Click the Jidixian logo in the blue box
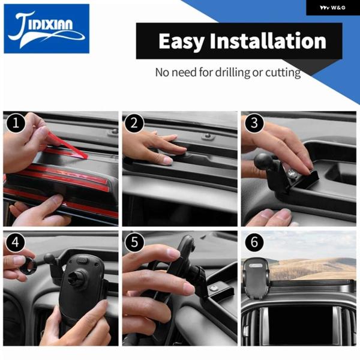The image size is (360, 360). click(x=46, y=29)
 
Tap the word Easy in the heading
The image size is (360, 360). click(x=181, y=41)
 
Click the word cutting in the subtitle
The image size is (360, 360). click(x=283, y=73)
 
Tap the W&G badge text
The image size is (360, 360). click(x=332, y=8)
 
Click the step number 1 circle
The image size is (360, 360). click(x=16, y=123)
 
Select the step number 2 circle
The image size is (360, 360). click(x=134, y=123)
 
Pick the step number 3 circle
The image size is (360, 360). click(x=254, y=123)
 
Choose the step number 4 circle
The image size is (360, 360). click(x=16, y=242)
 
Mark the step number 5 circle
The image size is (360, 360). click(x=134, y=242)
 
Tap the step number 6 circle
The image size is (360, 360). click(x=254, y=242)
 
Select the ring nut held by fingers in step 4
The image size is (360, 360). click(x=28, y=266)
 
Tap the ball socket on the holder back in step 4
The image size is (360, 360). click(x=78, y=275)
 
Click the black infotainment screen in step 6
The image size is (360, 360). click(x=301, y=323)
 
